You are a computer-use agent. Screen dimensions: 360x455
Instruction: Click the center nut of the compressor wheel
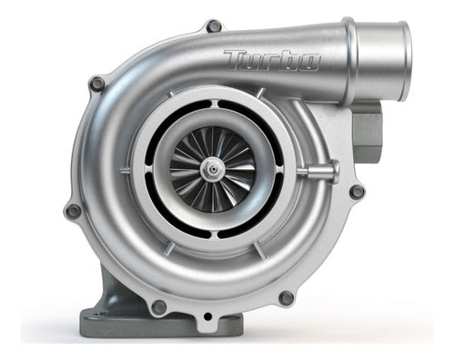(x=212, y=167)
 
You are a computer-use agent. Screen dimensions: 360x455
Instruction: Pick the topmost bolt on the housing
(x=214, y=25)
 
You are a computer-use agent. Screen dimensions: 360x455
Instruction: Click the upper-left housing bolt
(x=96, y=84)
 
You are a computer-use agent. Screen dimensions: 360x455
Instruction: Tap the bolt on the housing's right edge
(x=356, y=192)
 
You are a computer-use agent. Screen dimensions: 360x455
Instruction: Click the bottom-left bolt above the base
(x=160, y=306)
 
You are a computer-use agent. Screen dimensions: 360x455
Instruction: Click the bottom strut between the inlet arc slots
(x=212, y=241)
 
